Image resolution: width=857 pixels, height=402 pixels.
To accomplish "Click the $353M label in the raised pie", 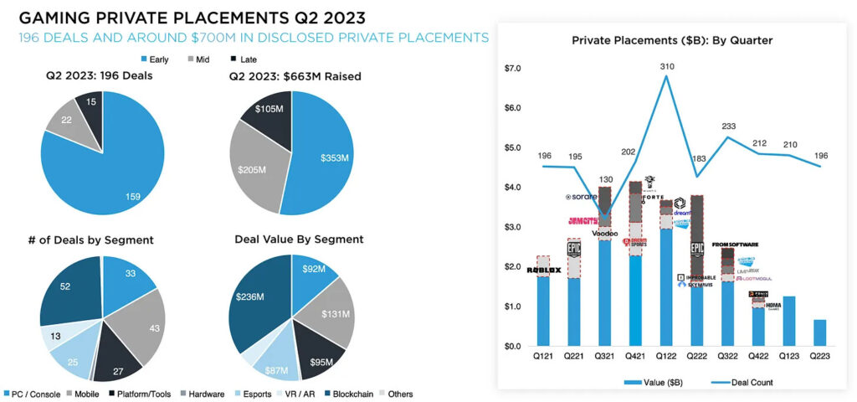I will point(335,157).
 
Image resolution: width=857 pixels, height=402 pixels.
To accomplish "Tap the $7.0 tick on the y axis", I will point(513,68).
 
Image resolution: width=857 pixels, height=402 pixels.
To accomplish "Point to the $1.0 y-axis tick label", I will point(513,307).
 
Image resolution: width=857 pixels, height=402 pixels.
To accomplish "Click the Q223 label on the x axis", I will point(820,355).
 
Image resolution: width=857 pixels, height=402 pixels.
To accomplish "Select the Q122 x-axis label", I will point(665,355).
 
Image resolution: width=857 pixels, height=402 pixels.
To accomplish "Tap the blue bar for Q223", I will point(820,332).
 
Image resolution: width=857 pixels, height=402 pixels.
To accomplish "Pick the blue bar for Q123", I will point(789,321).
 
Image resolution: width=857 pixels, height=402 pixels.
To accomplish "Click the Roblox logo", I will point(543,270).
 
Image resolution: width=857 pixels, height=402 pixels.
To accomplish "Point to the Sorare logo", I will point(581,197).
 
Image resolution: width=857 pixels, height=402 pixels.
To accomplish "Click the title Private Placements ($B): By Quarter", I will point(671,40).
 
